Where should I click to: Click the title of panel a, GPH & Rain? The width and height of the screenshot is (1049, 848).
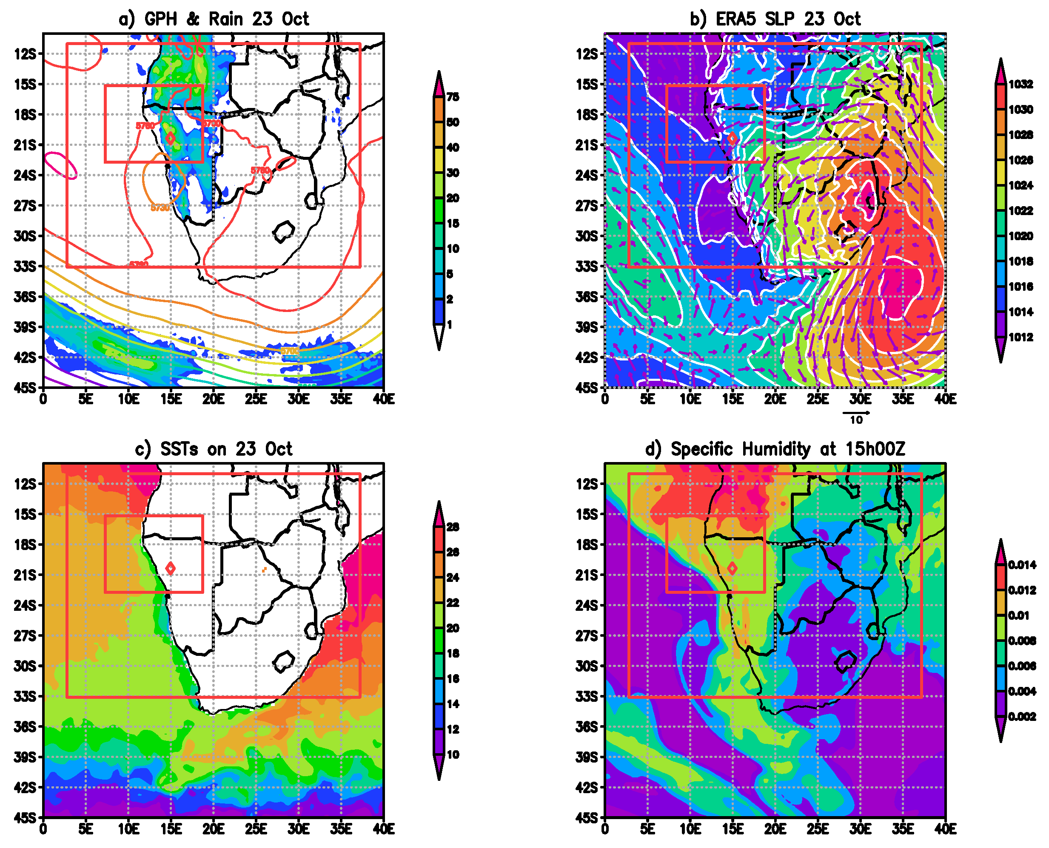pyautogui.click(x=214, y=19)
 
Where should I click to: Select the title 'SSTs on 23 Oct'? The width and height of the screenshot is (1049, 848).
pyautogui.click(x=214, y=449)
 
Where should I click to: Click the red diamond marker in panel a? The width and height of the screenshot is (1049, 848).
pyautogui.click(x=170, y=138)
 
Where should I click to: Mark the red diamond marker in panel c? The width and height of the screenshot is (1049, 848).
pyautogui.click(x=170, y=568)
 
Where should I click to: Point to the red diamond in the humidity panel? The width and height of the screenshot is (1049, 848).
pyautogui.click(x=732, y=568)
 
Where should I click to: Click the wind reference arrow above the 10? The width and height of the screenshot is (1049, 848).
pyautogui.click(x=855, y=413)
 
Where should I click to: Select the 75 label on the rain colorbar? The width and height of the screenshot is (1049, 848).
pyautogui.click(x=453, y=97)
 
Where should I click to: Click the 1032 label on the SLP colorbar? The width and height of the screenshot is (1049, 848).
pyautogui.click(x=1020, y=84)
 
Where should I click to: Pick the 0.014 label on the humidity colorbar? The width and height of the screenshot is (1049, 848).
pyautogui.click(x=1022, y=565)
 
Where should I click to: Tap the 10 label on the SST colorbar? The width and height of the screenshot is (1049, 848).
pyautogui.click(x=453, y=755)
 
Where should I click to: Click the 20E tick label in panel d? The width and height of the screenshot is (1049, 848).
pyautogui.click(x=775, y=829)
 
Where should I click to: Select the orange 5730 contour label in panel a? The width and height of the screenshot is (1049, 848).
pyautogui.click(x=160, y=207)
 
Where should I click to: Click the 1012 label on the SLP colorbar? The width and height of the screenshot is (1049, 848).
pyautogui.click(x=1020, y=337)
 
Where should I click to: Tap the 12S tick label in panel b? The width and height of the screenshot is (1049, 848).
pyautogui.click(x=587, y=54)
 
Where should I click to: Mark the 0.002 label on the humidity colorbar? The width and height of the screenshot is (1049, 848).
pyautogui.click(x=1022, y=717)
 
